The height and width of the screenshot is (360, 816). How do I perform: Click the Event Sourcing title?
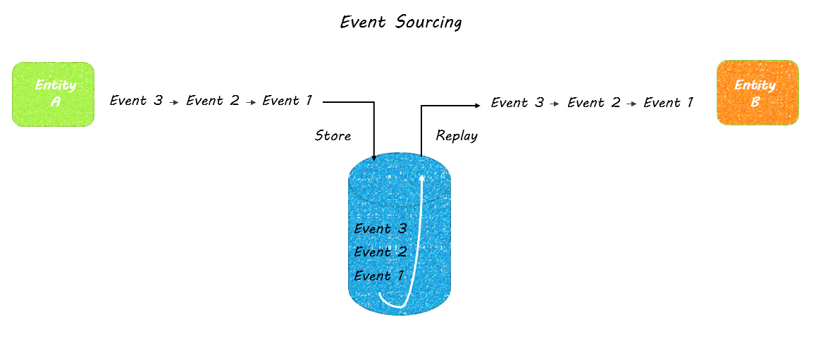click(400, 23)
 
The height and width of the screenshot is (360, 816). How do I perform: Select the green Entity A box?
click(53, 94)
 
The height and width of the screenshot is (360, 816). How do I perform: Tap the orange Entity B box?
click(758, 93)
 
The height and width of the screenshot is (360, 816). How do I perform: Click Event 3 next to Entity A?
click(136, 101)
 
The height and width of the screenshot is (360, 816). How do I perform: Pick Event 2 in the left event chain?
click(213, 101)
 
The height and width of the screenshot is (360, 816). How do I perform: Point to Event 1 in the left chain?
click(288, 101)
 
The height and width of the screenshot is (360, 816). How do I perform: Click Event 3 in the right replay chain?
click(517, 102)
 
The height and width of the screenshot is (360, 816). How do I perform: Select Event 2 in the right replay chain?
click(594, 102)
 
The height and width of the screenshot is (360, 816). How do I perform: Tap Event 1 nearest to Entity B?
click(669, 102)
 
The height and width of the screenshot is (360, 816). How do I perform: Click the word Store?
click(333, 136)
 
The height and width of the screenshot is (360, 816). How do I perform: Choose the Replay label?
click(457, 136)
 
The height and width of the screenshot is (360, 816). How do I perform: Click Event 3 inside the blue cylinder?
click(381, 228)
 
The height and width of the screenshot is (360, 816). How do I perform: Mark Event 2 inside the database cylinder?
click(381, 252)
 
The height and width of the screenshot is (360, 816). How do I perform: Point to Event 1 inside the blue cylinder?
click(379, 275)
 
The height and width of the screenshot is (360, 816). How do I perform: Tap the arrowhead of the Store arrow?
click(374, 158)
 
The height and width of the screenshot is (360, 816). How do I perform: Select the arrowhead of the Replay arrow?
click(477, 106)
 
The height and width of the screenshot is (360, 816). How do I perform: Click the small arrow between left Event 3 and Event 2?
click(175, 102)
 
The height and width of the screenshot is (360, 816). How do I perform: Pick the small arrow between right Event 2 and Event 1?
click(632, 104)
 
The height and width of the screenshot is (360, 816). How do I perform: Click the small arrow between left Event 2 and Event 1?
click(252, 102)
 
